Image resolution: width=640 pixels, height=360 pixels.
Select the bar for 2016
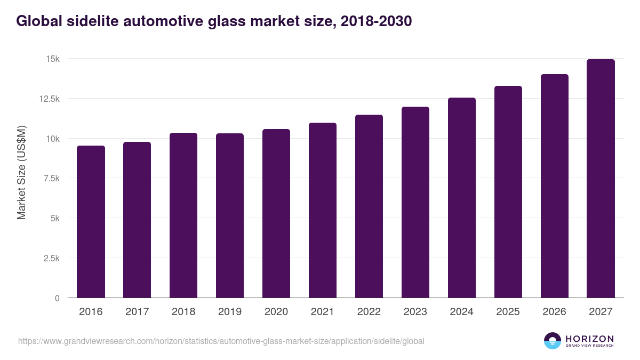91,222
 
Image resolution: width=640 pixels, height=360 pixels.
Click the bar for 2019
230,215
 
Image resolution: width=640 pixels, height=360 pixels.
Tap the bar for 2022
369,206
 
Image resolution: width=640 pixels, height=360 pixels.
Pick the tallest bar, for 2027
601,179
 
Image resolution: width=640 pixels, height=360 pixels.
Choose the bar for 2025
508,192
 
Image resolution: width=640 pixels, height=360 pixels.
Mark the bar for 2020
276,213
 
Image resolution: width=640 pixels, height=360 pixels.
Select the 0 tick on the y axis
57,298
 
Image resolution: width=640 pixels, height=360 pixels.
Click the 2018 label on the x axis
183,312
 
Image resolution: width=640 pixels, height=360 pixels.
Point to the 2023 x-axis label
415,312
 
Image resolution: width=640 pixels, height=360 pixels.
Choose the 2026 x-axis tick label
554,312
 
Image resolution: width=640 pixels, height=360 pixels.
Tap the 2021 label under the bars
323,312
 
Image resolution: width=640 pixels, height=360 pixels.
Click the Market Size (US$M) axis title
21,173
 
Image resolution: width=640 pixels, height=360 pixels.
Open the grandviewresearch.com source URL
221,341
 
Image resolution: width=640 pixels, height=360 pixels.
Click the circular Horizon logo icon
553,341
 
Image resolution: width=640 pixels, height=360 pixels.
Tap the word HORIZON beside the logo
590,338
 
